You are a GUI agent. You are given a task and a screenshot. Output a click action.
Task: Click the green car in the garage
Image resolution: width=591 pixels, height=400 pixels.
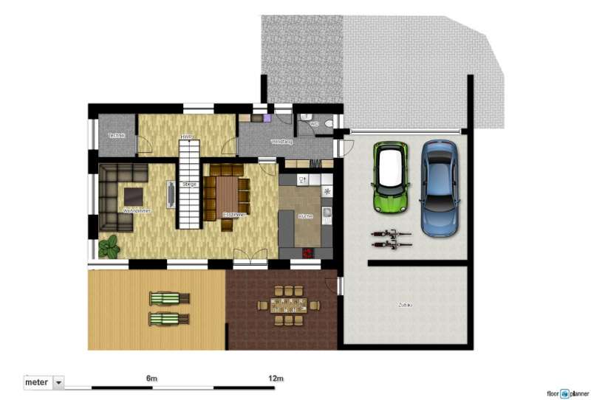point(391,176)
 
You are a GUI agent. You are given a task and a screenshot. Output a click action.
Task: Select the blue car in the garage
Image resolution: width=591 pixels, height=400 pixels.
point(439,188)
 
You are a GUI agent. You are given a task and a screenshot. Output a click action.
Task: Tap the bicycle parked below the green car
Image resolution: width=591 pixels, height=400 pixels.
point(391,238)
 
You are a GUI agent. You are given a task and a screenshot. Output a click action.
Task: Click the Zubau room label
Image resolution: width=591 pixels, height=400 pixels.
point(406,304)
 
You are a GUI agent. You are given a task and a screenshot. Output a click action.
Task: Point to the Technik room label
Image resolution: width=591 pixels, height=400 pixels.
point(116,136)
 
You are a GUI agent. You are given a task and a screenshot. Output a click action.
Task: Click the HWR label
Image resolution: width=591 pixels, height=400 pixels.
point(185,137)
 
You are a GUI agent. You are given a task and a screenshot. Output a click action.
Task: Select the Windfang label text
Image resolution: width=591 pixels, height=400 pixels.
point(281,142)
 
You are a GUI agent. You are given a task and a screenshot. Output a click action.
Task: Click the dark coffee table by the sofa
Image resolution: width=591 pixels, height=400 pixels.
point(134,196)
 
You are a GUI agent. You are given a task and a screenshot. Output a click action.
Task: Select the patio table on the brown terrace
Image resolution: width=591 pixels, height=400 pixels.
point(288,306)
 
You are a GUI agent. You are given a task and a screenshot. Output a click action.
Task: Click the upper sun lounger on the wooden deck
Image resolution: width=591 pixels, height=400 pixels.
point(169,298)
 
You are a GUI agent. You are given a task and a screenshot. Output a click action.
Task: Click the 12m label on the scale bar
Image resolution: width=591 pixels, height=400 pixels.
point(275,379)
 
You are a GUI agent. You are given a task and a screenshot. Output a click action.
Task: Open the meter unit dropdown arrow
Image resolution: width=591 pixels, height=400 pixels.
point(58,382)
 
